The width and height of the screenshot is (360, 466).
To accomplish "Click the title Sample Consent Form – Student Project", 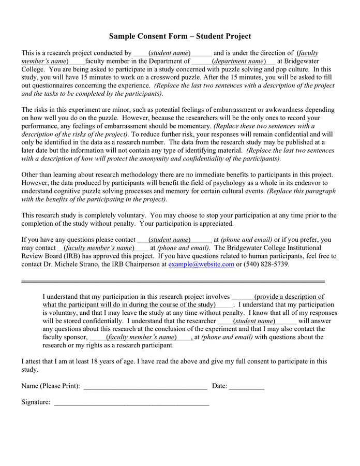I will (180, 36).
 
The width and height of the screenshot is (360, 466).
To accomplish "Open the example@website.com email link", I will (201, 264).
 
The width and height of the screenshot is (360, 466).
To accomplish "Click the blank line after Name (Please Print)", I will (145, 387).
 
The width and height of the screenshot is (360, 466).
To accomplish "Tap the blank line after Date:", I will (246, 387).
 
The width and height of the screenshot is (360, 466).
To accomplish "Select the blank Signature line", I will (131, 403).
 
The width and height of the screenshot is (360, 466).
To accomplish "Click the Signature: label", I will (36, 402).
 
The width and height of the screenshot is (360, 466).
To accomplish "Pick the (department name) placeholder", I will (238, 61).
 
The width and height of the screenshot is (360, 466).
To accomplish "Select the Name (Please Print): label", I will (51, 386).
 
